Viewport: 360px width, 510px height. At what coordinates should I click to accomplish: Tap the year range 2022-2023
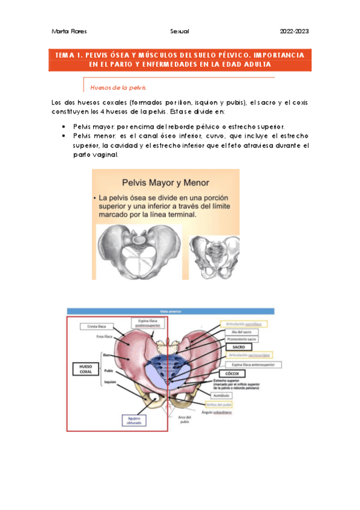[294, 31]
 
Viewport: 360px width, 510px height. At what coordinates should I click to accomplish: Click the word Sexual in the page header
[180, 31]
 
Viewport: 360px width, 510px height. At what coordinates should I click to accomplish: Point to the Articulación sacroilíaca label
[244, 323]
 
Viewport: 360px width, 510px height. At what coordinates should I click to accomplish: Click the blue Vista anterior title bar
[170, 312]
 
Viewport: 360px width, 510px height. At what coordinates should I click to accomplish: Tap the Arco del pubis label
[184, 419]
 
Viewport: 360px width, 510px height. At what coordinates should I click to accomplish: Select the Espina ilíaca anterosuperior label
[246, 364]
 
